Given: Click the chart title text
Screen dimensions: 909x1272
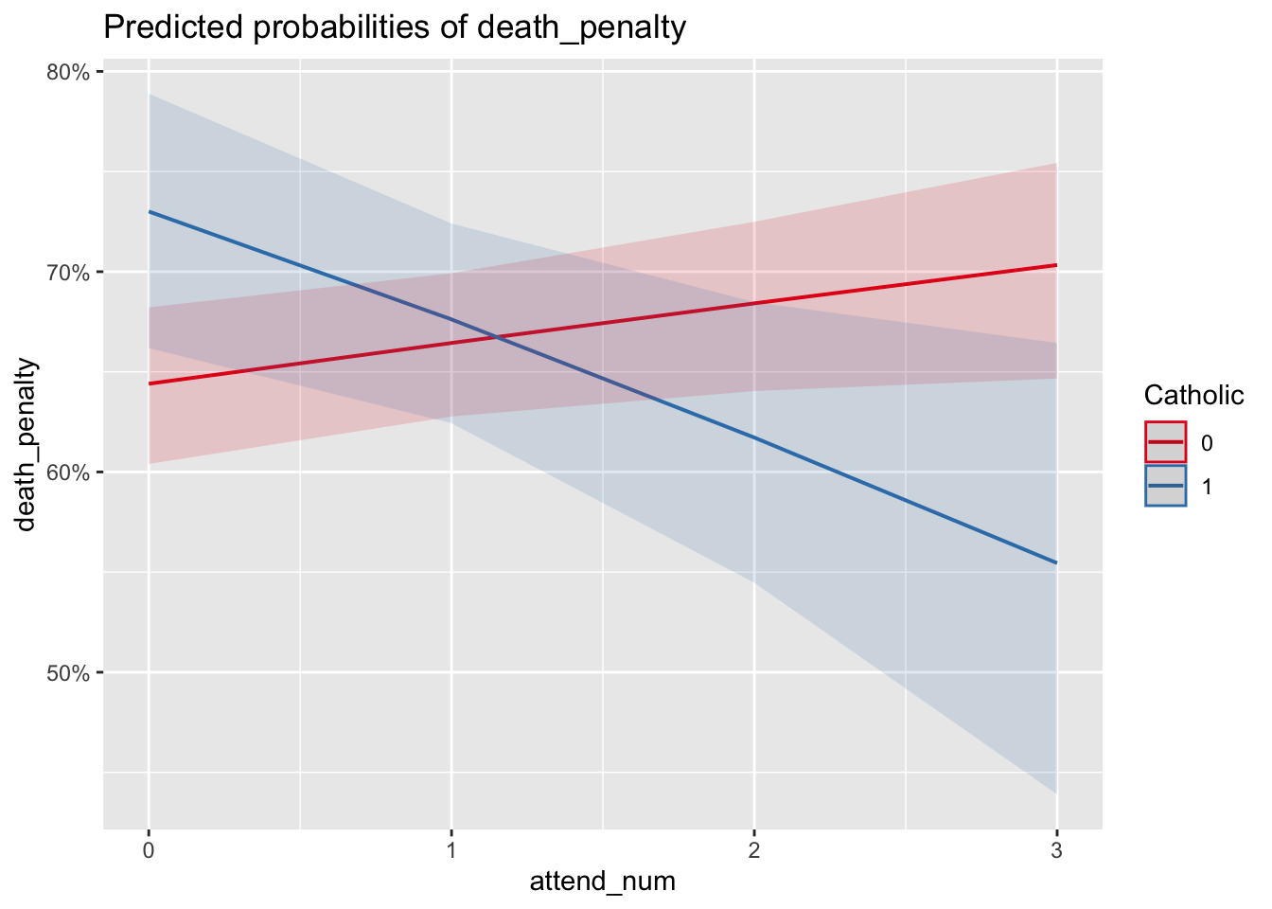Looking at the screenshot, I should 394,28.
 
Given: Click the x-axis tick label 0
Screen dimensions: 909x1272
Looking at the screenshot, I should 149,851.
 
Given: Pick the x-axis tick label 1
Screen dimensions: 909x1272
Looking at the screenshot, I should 451,851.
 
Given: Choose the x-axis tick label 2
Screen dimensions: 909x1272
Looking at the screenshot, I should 754,851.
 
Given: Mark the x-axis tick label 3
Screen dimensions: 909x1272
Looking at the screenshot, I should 1056,851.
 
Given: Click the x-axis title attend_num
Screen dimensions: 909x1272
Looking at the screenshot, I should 602,882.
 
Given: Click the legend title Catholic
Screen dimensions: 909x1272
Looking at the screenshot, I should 1192,396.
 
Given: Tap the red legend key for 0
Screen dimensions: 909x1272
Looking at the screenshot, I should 1165,442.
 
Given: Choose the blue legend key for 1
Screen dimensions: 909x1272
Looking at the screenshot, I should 1165,487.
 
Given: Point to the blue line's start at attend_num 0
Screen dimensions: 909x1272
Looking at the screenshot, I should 150,211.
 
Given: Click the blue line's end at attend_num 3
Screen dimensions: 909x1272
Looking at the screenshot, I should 1056,562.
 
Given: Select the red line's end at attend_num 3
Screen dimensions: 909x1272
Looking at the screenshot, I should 1056,265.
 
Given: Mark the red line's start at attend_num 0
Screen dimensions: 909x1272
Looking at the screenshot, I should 150,383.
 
